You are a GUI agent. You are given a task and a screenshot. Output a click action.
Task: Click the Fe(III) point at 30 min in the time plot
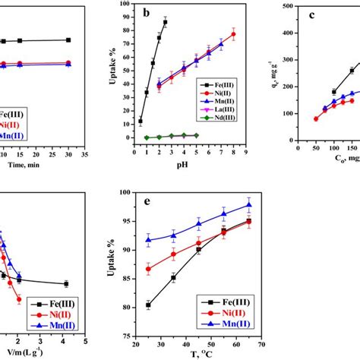69,39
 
